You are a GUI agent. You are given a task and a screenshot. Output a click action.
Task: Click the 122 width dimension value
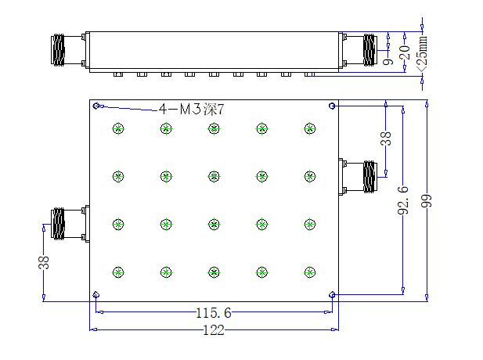pyautogui.click(x=214, y=330)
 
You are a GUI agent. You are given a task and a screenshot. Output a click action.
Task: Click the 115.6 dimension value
pyautogui.click(x=214, y=313)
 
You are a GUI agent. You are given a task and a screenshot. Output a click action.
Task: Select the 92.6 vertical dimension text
pyautogui.click(x=403, y=200)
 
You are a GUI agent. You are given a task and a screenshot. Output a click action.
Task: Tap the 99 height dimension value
pyautogui.click(x=427, y=201)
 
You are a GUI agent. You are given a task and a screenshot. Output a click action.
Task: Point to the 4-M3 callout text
pyautogui.click(x=191, y=109)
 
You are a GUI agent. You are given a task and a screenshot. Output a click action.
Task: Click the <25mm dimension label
pyautogui.click(x=422, y=54)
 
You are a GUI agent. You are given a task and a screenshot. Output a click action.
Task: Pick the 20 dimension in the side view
pyautogui.click(x=405, y=52)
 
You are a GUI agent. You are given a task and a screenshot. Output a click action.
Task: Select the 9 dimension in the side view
pyautogui.click(x=387, y=62)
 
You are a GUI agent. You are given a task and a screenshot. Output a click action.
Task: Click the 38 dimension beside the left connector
pyautogui.click(x=43, y=262)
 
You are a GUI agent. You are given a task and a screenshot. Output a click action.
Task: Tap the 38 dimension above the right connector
pyautogui.click(x=386, y=139)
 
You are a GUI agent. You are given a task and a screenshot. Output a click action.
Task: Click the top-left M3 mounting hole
pyautogui.click(x=96, y=106)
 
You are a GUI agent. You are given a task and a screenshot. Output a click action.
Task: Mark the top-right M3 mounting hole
pyautogui.click(x=332, y=106)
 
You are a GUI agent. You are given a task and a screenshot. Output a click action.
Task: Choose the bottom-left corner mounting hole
pyautogui.click(x=96, y=295)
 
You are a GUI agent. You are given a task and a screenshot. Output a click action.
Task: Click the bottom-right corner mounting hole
pyautogui.click(x=332, y=295)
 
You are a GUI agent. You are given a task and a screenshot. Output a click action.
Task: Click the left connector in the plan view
pyautogui.click(x=70, y=224)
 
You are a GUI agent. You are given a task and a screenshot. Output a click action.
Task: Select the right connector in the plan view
pyautogui.click(x=358, y=177)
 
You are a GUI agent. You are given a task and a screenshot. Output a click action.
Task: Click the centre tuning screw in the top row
pyautogui.click(x=214, y=128)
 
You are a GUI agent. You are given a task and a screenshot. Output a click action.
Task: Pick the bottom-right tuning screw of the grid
pyautogui.click(x=309, y=272)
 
